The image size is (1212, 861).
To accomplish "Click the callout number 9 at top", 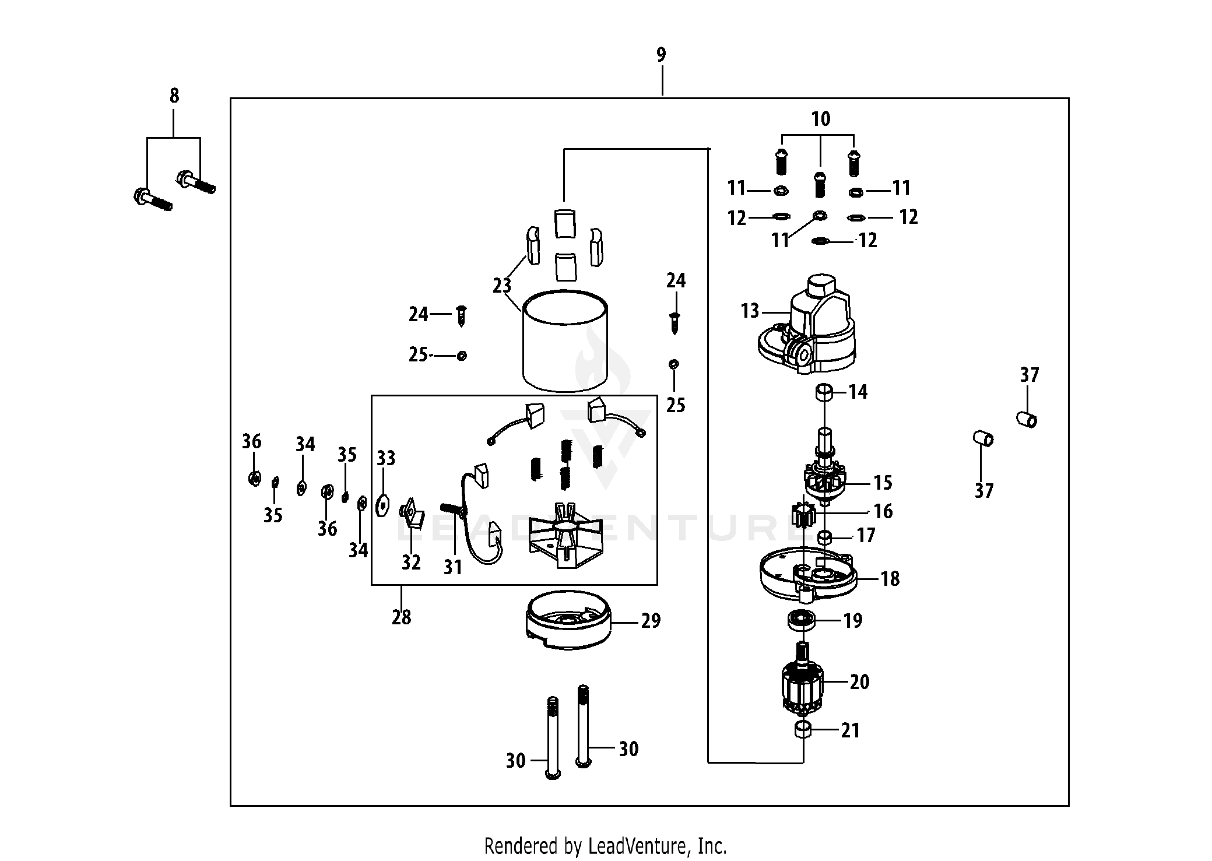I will [x=661, y=55].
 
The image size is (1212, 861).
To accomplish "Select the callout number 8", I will [x=174, y=96].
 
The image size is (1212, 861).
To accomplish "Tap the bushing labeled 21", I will [x=803, y=729].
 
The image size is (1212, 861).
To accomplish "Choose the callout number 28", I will [x=401, y=617].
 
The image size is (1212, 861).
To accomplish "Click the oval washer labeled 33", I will [x=382, y=505].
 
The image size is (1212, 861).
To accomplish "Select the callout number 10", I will [x=820, y=120].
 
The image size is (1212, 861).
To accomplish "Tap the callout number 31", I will [x=452, y=567].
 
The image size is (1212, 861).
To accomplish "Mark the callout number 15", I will [x=883, y=483].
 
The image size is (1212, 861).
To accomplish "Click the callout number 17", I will [x=866, y=535].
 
